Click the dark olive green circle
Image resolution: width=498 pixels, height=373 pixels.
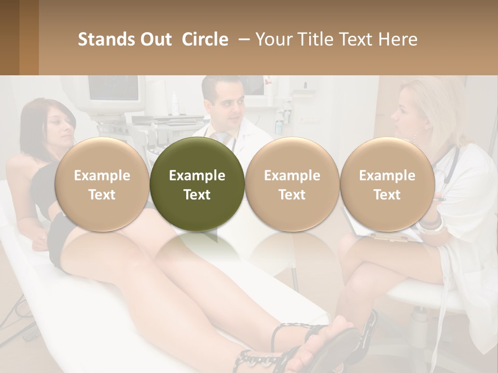[197, 184]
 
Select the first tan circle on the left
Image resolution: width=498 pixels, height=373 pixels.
[102, 184]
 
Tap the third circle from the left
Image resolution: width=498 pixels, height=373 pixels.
[292, 184]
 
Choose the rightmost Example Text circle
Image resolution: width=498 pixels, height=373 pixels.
[387, 184]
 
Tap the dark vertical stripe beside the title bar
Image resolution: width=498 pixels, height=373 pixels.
[29, 37]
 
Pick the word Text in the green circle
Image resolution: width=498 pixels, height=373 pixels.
[197, 194]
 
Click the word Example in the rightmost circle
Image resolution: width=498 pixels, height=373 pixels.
[387, 176]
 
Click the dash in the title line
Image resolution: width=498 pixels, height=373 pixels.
[242, 39]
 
